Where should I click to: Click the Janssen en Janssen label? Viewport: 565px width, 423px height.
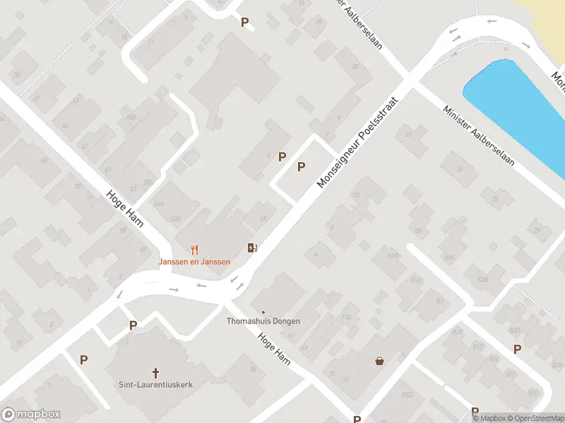tap(194, 262)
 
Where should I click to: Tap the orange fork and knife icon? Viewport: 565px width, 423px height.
tap(195, 250)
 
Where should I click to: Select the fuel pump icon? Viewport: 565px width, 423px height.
tap(251, 247)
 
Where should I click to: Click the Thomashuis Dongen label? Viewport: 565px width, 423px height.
tap(263, 321)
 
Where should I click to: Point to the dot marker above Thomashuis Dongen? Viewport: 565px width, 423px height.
tap(263, 312)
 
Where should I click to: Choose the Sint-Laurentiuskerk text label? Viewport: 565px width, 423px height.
tap(156, 385)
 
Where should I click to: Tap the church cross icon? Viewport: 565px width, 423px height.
tap(156, 372)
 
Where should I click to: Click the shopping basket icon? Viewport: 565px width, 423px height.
tap(380, 361)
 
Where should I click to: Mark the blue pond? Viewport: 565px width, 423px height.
tap(513, 106)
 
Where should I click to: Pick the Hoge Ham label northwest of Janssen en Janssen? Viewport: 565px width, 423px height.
tap(124, 209)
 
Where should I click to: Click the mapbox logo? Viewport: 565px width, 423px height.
tap(31, 415)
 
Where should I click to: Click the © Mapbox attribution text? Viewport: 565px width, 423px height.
tap(489, 418)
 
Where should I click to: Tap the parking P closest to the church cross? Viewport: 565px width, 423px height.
tap(133, 325)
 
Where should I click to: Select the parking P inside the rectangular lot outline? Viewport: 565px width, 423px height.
tap(302, 167)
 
